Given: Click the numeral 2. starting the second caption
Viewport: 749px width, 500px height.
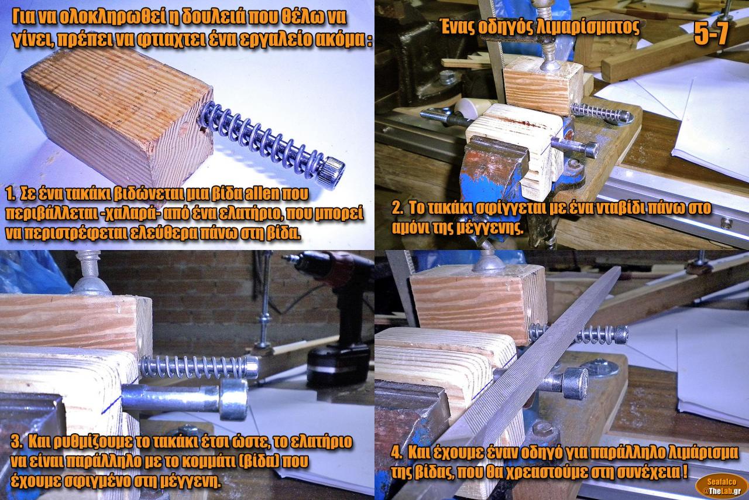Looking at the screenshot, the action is (397, 209).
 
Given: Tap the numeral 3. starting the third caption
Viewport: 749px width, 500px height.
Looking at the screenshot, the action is (16, 442).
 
